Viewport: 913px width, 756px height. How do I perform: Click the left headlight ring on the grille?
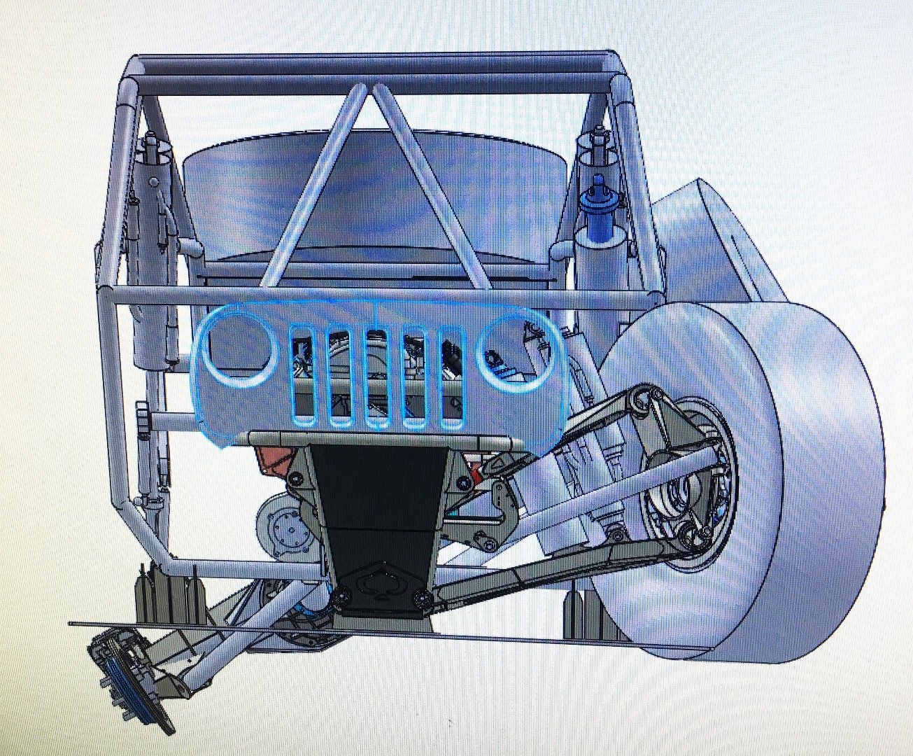(x=239, y=348)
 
